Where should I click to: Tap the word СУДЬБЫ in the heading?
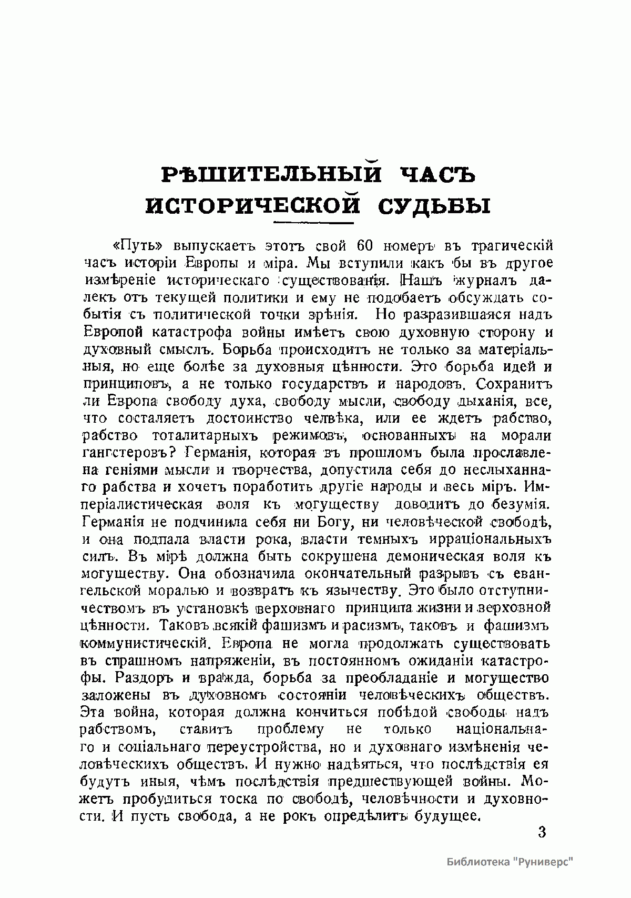[x=434, y=205]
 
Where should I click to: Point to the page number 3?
[x=542, y=832]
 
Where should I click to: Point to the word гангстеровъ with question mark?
[x=130, y=453]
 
